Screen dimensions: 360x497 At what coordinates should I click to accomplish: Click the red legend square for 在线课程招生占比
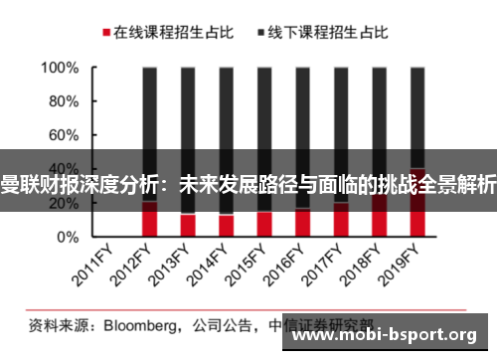(x=104, y=33)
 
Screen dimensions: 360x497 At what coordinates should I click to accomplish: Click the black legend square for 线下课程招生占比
(x=262, y=33)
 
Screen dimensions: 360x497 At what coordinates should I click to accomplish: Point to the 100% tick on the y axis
(x=60, y=69)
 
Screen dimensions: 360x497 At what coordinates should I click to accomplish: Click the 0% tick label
(x=69, y=238)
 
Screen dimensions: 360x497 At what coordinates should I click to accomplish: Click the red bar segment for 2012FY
(x=149, y=219)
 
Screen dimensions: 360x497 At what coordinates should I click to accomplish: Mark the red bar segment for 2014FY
(x=226, y=226)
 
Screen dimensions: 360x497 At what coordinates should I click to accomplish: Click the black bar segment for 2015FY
(x=263, y=119)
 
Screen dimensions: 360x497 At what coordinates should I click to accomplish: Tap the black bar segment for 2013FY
(x=188, y=119)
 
